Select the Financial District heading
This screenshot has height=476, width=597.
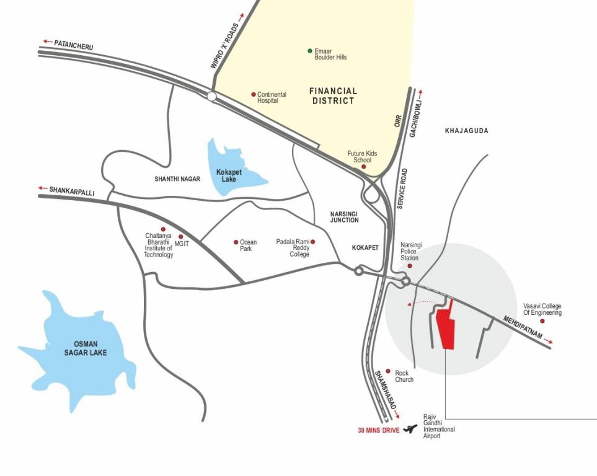333,95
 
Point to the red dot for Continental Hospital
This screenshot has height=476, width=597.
254,94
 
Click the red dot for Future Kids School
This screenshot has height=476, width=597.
364,166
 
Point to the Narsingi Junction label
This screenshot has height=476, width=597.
344,216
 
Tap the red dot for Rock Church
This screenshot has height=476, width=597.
388,371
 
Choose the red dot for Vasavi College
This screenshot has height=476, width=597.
542,321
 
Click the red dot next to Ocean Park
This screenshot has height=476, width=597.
236,242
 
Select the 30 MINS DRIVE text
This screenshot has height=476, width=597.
378,429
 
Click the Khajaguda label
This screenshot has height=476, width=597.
467,131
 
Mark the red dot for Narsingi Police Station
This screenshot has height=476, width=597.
409,266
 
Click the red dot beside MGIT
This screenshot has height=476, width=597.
180,236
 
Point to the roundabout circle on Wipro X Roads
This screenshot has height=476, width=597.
211,96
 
